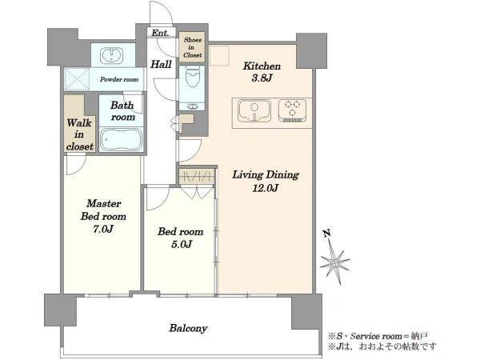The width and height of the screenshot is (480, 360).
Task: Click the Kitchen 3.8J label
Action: (262, 72)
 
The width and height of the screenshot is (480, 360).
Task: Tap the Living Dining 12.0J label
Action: (266, 181)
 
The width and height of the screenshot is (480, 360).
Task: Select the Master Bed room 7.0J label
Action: (103, 216)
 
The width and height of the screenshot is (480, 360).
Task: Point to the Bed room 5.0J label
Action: (180, 238)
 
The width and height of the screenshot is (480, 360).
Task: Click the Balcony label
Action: (188, 329)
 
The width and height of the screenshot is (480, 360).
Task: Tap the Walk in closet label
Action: (79, 134)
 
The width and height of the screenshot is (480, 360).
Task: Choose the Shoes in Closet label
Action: (193, 47)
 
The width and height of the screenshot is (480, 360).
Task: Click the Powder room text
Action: (119, 79)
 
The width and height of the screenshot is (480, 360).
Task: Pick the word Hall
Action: (161, 64)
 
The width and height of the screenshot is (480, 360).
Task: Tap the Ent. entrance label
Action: (160, 33)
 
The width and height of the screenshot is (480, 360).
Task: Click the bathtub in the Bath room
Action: (122, 139)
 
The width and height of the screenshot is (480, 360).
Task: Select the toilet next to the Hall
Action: (192, 75)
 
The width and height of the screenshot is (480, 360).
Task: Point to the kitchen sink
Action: (254, 111)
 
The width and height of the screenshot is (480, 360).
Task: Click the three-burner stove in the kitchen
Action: (292, 110)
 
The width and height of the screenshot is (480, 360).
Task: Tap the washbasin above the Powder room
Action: (111, 55)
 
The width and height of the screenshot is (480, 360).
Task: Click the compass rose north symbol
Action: (334, 262)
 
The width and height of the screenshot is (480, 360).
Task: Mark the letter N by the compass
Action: (327, 234)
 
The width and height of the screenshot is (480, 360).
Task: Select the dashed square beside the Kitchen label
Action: (219, 56)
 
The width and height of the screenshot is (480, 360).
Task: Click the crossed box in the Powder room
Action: (77, 79)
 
